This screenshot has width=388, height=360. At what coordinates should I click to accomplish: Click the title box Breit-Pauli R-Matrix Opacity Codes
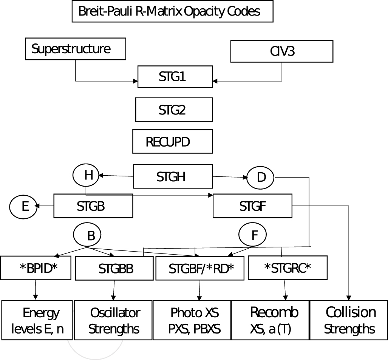pyautogui.click(x=172, y=12)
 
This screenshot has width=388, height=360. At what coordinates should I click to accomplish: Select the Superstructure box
pyautogui.click(x=75, y=49)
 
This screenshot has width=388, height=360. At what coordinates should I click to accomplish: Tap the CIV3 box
pyautogui.click(x=281, y=51)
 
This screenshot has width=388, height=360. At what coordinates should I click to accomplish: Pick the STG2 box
pyautogui.click(x=173, y=110)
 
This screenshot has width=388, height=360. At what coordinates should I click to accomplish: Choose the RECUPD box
pyautogui.click(x=172, y=142)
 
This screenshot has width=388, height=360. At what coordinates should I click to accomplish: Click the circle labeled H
pyautogui.click(x=86, y=175)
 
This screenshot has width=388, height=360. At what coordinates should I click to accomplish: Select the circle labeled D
pyautogui.click(x=261, y=178)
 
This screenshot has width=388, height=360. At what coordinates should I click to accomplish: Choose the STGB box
pyautogui.click(x=93, y=206)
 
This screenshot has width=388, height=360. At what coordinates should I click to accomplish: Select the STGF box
pyautogui.click(x=252, y=206)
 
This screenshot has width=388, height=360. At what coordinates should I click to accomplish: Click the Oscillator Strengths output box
pyautogui.click(x=113, y=320)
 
